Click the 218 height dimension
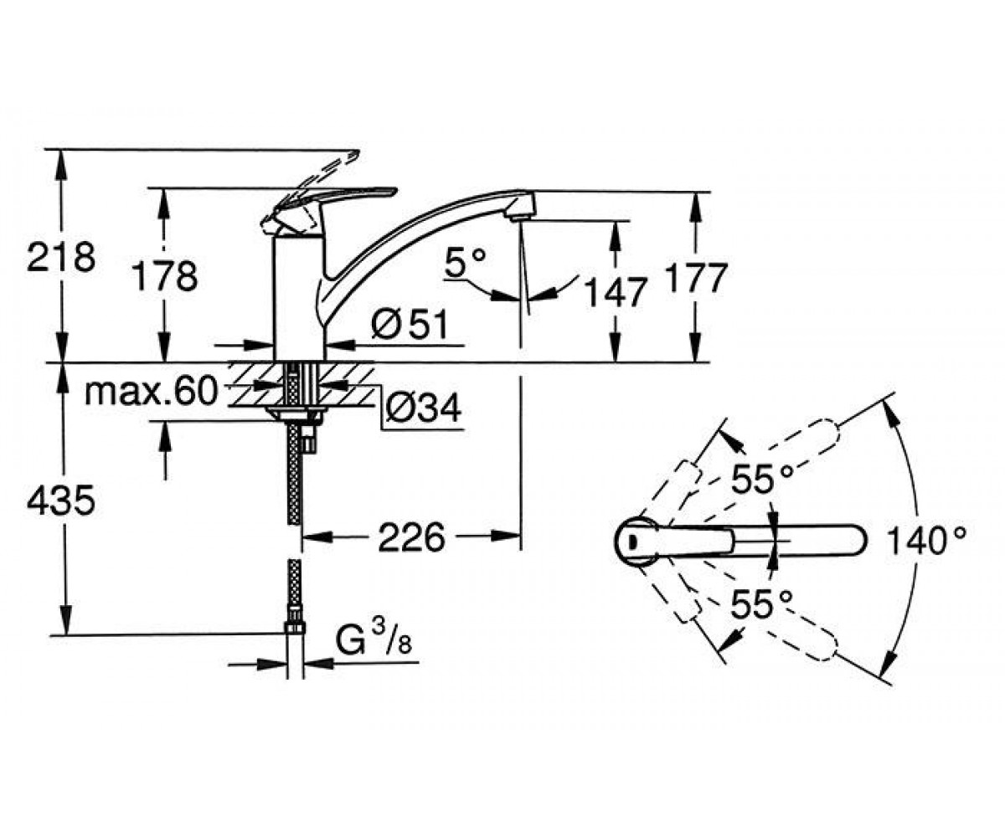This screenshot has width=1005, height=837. (x=61, y=257)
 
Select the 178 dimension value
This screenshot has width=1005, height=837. (x=165, y=276)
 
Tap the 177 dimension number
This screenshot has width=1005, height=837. (x=693, y=278)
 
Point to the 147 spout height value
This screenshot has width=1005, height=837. (x=615, y=292)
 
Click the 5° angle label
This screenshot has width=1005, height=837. (x=466, y=262)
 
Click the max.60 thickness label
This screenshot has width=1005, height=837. (x=151, y=391)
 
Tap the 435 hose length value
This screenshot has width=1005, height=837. (x=60, y=501)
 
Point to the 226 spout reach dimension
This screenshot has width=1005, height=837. (x=411, y=538)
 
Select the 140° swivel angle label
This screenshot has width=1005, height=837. (x=926, y=540)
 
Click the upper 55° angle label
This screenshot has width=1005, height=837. (x=761, y=480)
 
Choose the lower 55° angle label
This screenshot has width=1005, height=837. (x=761, y=603)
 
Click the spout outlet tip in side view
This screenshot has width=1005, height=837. (x=520, y=218)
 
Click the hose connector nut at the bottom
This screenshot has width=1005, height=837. (x=295, y=629)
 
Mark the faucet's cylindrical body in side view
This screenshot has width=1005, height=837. (x=299, y=298)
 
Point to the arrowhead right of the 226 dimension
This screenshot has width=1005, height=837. (x=505, y=536)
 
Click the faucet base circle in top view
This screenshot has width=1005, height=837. (x=636, y=541)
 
